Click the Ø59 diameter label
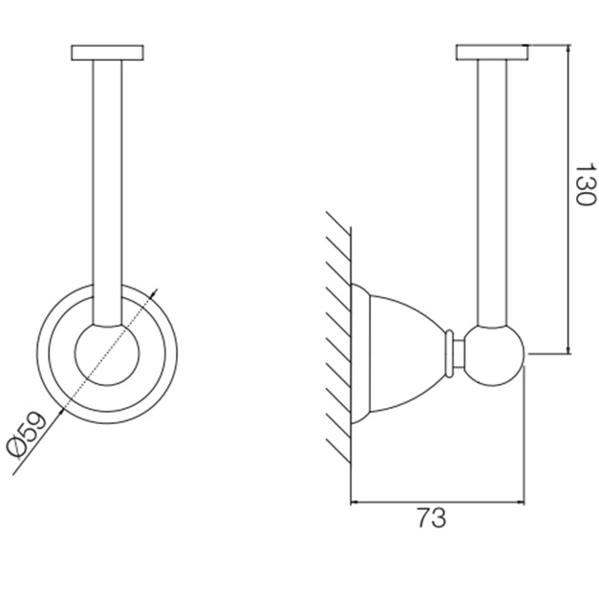coord(26,435)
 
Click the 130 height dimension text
coord(585,184)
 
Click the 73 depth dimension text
coord(432,518)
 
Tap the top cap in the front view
coord(107,53)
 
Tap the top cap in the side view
coord(492,53)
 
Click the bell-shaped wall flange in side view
coord(397,353)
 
